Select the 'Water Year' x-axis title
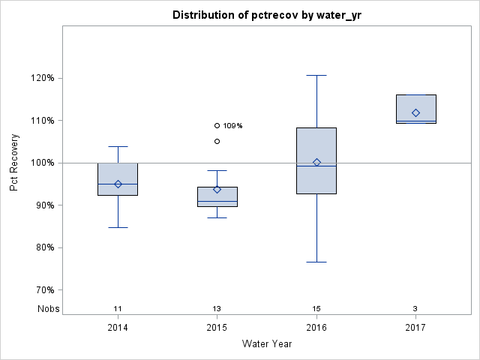[x=266, y=344]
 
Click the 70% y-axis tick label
[x=43, y=289]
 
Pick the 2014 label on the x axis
[x=118, y=328]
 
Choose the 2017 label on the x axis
[x=415, y=328]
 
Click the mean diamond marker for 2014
[x=118, y=184]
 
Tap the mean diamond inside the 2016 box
[x=316, y=162]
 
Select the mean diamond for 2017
[x=415, y=112]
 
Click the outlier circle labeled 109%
[x=217, y=125]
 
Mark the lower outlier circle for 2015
[x=217, y=141]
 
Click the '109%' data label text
[x=233, y=126]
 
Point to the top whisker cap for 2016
[x=316, y=75]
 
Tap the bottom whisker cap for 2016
[x=316, y=262]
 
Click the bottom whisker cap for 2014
[x=118, y=227]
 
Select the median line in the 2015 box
[x=217, y=201]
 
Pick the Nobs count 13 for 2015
[x=217, y=309]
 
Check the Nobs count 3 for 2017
[x=415, y=309]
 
